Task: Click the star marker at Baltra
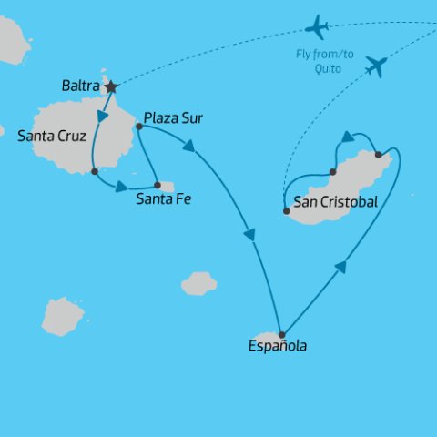coord(111,87)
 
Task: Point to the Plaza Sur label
coord(173,118)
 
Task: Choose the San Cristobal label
coord(335,202)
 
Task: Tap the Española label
coord(277,346)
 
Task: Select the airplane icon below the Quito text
coord(374,66)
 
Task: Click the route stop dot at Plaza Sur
coord(138,127)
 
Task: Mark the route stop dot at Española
coord(281,334)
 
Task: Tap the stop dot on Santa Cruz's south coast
coord(95,171)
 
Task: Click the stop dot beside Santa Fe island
coord(158,185)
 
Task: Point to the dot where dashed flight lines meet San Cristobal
coord(287,211)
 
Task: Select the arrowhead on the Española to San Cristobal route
coord(340,266)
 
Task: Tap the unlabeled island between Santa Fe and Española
coord(198,284)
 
